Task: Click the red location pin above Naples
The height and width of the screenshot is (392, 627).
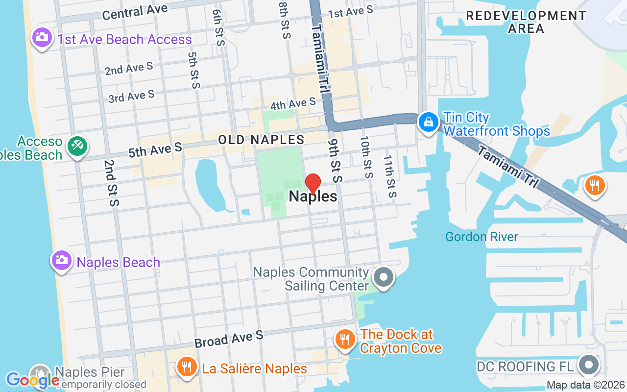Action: pyautogui.click(x=313, y=183)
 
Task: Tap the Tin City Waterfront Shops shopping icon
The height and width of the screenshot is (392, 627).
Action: pyautogui.click(x=429, y=122)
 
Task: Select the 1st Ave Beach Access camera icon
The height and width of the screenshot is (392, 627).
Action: pyautogui.click(x=42, y=37)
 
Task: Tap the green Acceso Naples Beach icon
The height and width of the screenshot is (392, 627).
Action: pyautogui.click(x=77, y=146)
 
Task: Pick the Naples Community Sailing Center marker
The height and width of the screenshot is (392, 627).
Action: pyautogui.click(x=384, y=277)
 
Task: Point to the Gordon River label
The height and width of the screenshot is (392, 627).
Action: pyautogui.click(x=482, y=237)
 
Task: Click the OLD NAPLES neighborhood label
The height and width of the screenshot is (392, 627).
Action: pyautogui.click(x=261, y=140)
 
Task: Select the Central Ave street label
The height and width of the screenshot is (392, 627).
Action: pyautogui.click(x=135, y=12)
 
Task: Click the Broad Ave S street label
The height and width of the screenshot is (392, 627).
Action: pyautogui.click(x=229, y=339)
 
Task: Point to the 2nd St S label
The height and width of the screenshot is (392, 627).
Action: pyautogui.click(x=110, y=182)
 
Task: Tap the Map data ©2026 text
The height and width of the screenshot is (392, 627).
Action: pyautogui.click(x=585, y=385)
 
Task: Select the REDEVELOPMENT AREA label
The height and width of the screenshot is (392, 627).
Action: pyautogui.click(x=526, y=22)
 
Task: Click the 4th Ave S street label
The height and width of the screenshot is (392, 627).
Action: pyautogui.click(x=293, y=104)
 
